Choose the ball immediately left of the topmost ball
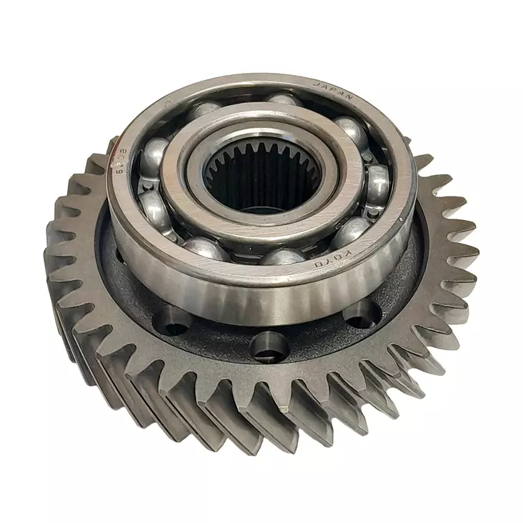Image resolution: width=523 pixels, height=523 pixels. pyautogui.click(x=207, y=109)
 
